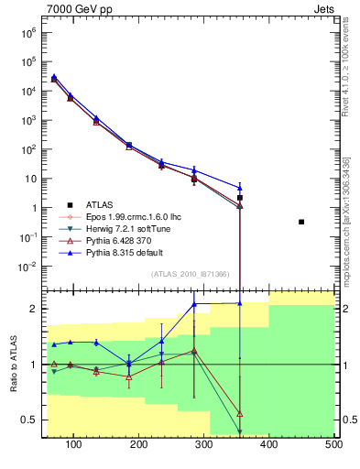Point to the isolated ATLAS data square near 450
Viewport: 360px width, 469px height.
click(301, 222)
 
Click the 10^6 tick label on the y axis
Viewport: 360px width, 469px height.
click(27, 32)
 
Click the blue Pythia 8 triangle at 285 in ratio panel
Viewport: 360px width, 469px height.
click(194, 304)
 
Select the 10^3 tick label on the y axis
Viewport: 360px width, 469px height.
click(27, 120)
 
